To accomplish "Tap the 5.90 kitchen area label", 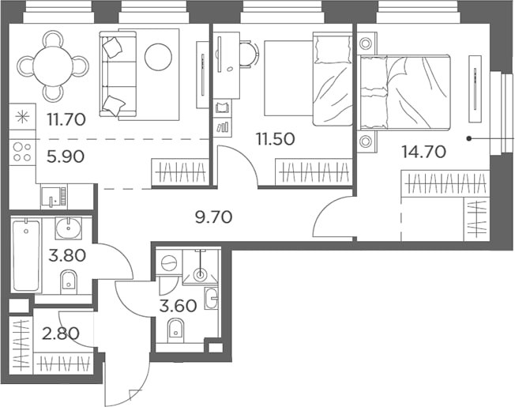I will click(66, 156).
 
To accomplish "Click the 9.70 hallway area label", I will click(213, 216).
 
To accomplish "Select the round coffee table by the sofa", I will click(159, 55).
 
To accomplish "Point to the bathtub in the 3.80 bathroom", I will click(26, 256).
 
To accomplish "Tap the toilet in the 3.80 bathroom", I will click(70, 279).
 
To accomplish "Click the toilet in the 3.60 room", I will click(176, 329).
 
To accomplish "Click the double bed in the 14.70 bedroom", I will click(407, 91).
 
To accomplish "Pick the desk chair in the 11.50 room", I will click(249, 54).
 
